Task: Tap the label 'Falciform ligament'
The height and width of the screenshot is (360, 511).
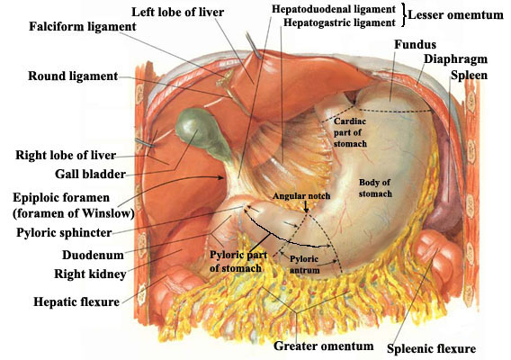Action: coord(83,26)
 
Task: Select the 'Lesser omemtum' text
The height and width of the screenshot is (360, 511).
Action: coord(455,15)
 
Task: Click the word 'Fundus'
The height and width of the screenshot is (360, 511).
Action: coord(415,44)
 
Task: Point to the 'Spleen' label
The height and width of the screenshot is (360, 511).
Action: coord(469,76)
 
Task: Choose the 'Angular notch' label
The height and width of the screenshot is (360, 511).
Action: coord(301,196)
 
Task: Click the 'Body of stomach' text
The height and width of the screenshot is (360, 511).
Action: coord(375,188)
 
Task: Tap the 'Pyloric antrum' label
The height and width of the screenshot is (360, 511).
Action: coord(304,265)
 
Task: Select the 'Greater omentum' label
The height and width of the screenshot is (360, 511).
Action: coord(324,346)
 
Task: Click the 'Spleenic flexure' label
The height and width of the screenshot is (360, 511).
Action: coord(431,349)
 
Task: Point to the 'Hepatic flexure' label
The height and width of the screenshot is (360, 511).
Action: coord(76,301)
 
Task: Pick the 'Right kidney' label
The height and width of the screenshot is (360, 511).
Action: coord(90,274)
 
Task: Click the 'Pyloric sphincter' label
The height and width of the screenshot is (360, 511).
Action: coord(64,233)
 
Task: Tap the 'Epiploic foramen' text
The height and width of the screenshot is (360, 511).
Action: coord(61,198)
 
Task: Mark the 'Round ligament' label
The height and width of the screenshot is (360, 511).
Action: coord(73,76)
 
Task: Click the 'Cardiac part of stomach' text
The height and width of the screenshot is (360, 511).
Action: coord(350,132)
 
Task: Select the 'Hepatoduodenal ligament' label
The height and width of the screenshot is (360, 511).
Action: coord(334,9)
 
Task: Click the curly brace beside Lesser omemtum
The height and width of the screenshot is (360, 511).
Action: coord(403,14)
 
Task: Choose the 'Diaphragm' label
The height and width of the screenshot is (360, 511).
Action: coord(455,59)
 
